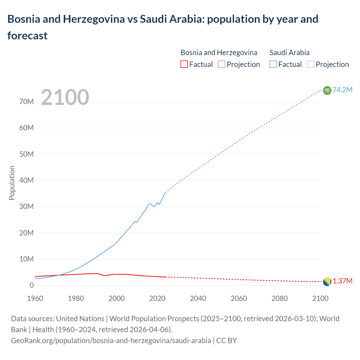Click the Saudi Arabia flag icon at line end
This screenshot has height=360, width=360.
tap(327, 90)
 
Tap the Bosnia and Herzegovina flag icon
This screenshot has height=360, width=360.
tap(327, 282)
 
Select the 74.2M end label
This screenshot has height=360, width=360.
tap(342, 90)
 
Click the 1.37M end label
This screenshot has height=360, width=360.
tap(343, 281)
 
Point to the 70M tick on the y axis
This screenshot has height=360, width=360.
tap(26, 102)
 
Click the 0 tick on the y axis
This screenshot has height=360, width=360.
tap(31, 285)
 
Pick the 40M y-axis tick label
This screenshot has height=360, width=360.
tap(26, 180)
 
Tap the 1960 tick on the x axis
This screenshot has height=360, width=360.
tap(35, 298)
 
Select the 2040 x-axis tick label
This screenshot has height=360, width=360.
tap(198, 298)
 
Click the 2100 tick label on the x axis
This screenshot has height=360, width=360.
tap(320, 298)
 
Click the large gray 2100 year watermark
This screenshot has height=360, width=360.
tap(65, 97)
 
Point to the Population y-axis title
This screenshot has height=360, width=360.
tap(12, 183)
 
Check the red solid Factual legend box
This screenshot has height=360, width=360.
tap(184, 64)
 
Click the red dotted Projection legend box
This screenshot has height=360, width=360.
tap(222, 64)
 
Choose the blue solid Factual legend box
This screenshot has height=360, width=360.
tap(273, 64)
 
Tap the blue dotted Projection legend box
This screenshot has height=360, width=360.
tap(310, 64)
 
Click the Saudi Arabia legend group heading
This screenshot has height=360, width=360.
tap(289, 53)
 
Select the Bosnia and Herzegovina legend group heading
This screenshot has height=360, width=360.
tap(219, 53)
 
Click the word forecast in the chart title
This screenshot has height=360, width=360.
tap(28, 36)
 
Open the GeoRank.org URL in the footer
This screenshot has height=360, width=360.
tap(111, 340)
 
